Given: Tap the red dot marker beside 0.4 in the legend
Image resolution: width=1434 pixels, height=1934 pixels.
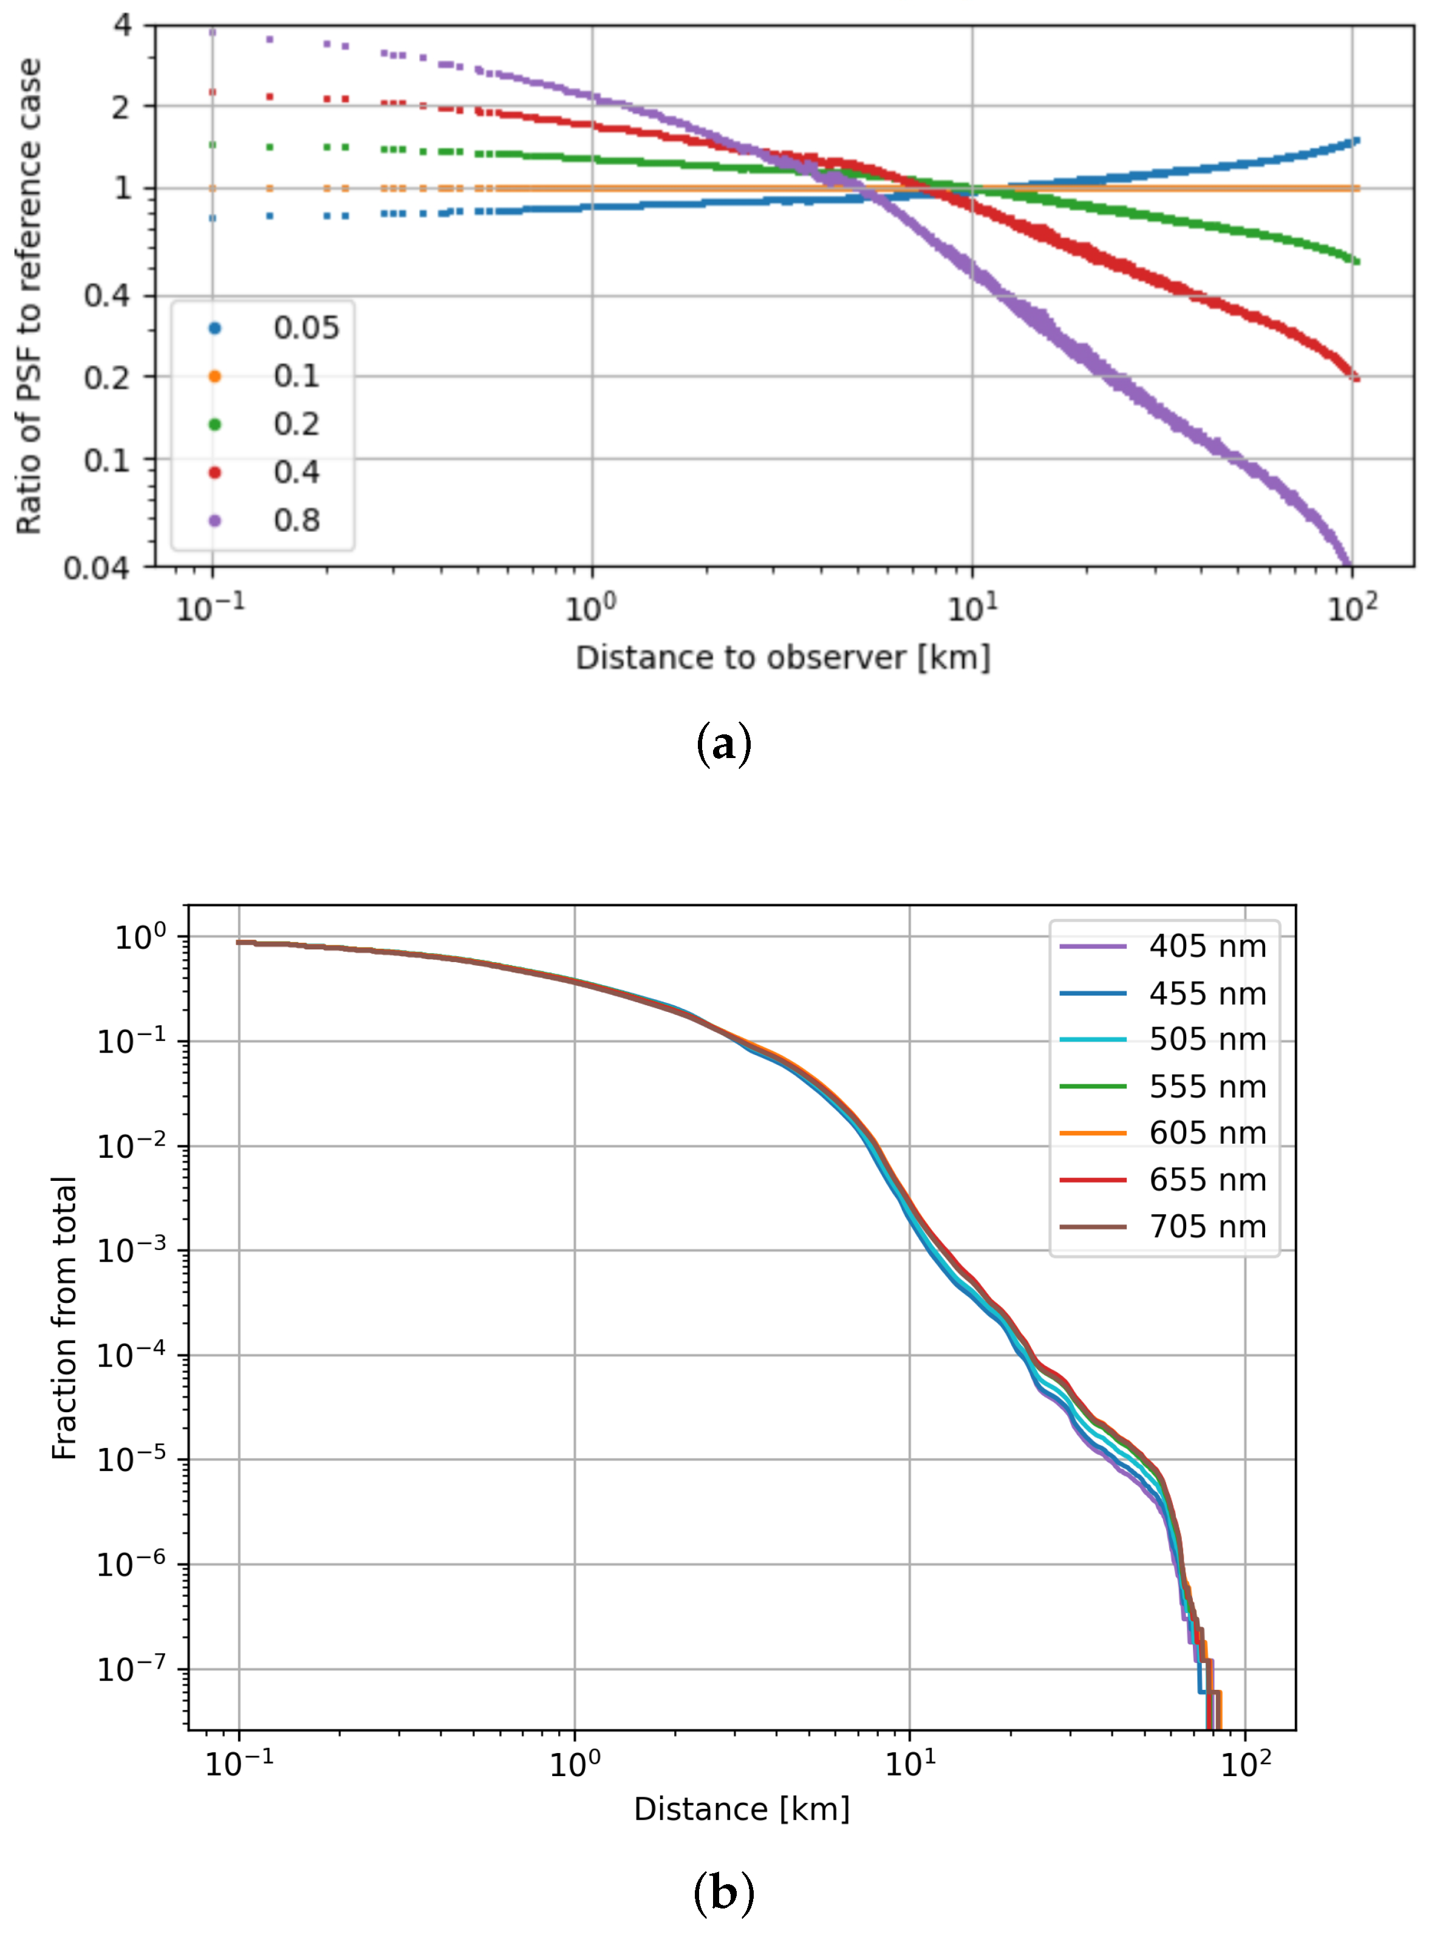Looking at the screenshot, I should (214, 472).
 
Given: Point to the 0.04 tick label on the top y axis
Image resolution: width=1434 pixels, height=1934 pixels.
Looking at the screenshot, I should (95, 569).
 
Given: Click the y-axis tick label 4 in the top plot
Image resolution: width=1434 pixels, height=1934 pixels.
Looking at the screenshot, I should (123, 24).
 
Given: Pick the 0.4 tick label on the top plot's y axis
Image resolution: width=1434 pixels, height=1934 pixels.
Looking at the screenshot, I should (106, 296).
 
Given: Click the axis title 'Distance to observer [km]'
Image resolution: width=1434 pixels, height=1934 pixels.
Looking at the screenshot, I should (782, 658).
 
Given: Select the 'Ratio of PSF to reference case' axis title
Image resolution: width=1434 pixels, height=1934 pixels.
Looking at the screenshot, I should (29, 296).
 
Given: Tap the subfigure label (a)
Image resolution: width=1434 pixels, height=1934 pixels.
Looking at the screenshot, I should (723, 745).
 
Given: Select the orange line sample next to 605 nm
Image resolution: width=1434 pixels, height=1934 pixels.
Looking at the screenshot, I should (1093, 1133).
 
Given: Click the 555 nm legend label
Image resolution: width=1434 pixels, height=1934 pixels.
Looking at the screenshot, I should (1207, 1087).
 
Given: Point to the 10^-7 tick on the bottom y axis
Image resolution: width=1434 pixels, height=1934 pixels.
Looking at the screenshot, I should (130, 1669).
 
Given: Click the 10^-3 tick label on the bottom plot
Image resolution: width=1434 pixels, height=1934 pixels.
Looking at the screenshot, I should (130, 1251).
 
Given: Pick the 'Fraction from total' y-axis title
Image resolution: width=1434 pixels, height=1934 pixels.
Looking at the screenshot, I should (65, 1317).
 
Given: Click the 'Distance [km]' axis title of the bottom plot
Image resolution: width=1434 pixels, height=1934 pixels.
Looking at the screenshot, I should (742, 1810).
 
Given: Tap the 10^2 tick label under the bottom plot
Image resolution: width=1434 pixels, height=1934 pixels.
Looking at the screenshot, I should (1246, 1764).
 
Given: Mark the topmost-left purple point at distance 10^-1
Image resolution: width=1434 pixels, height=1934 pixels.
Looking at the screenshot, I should (213, 32).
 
